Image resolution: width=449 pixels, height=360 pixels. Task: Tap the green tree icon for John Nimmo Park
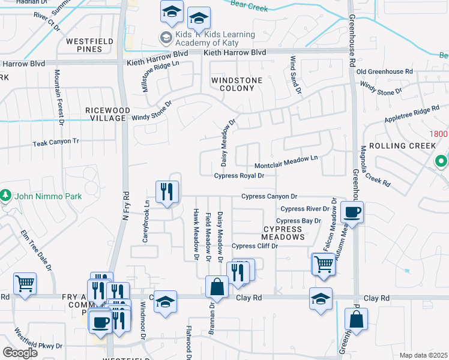[5, 195]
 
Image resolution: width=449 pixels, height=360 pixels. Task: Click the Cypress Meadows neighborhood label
[283, 233]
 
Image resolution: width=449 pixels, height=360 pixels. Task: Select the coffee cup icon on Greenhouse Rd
[352, 212]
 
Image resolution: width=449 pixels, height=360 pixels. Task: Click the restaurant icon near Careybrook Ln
[166, 192]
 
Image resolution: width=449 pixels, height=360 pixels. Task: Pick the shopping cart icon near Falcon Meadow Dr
[323, 263]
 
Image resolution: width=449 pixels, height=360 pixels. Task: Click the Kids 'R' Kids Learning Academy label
[207, 38]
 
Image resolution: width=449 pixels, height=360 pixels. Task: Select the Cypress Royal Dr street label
[239, 176]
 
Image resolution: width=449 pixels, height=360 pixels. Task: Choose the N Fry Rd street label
[126, 204]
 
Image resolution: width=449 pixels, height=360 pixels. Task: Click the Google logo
[19, 353]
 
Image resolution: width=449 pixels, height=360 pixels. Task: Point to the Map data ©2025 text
[423, 355]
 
